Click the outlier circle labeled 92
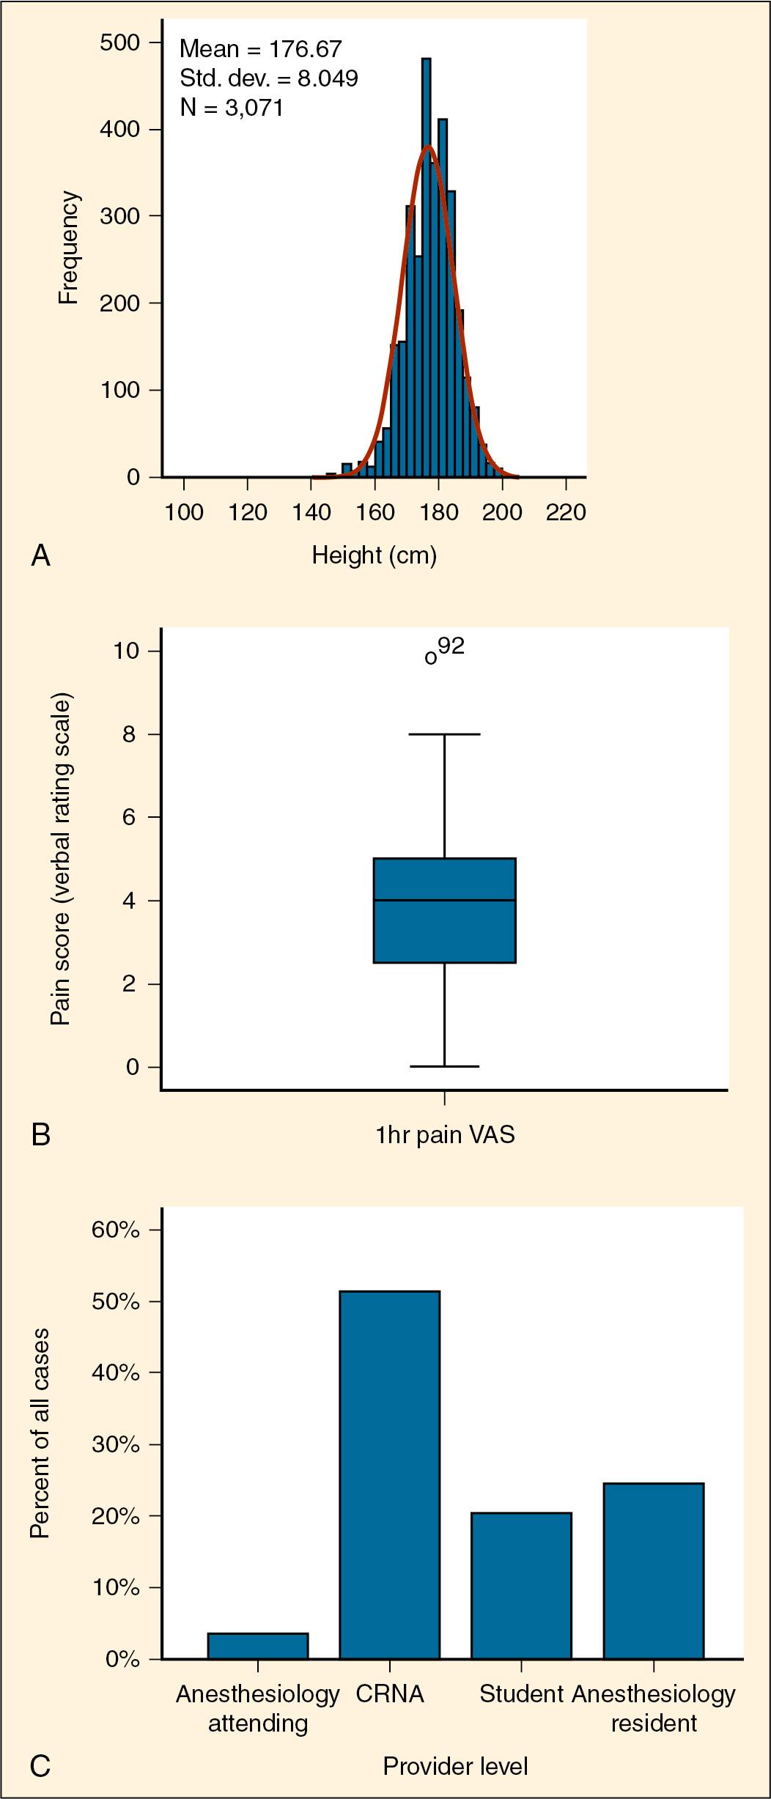(x=431, y=658)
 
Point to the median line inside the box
(x=445, y=900)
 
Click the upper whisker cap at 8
(x=445, y=734)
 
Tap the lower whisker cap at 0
(x=445, y=1066)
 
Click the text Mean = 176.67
(x=260, y=49)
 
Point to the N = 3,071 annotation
(x=232, y=108)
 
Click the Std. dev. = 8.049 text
(x=268, y=78)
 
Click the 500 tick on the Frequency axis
(x=119, y=43)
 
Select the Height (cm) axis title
(x=374, y=555)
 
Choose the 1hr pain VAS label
(x=445, y=1135)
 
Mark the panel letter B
(x=41, y=1135)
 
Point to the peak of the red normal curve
(x=429, y=147)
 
